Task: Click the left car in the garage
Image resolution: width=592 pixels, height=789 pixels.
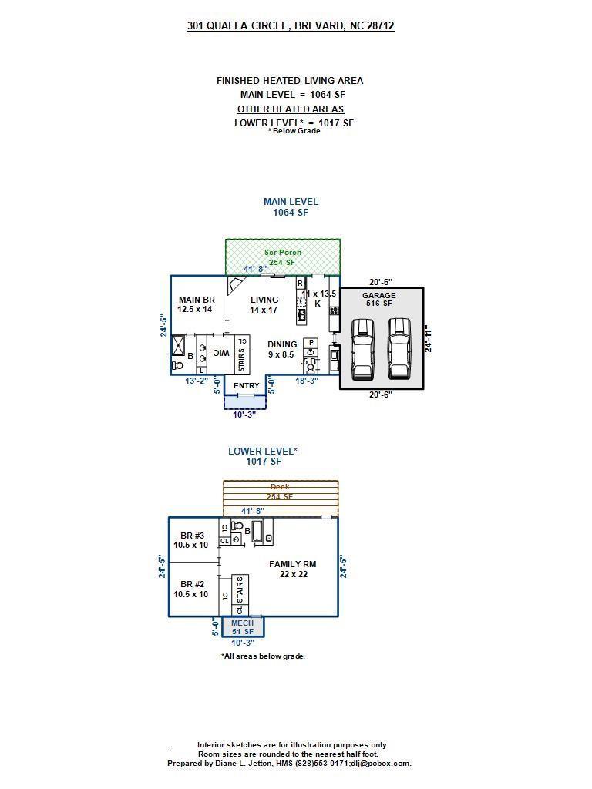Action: (x=362, y=349)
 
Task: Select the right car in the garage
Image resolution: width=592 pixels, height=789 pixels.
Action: (x=399, y=349)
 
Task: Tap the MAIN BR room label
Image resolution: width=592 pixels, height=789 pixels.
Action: (x=196, y=304)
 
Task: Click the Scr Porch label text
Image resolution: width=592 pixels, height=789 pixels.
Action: (x=283, y=257)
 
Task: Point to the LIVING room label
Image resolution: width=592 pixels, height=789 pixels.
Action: (x=264, y=304)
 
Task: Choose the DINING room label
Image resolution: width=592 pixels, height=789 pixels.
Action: (x=282, y=350)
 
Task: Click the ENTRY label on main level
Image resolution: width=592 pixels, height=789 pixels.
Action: (x=246, y=386)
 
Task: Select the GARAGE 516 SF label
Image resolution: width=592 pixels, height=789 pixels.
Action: (x=378, y=299)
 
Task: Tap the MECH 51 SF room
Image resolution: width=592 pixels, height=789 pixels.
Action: (x=243, y=627)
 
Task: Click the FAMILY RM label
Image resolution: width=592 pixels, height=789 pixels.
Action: (x=292, y=569)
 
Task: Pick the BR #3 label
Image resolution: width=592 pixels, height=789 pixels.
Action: (x=191, y=540)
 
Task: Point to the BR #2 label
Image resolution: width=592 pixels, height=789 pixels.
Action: (x=191, y=589)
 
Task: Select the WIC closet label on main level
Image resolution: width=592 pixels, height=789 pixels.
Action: (x=221, y=353)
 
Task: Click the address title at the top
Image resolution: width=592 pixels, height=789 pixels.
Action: (x=291, y=26)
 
